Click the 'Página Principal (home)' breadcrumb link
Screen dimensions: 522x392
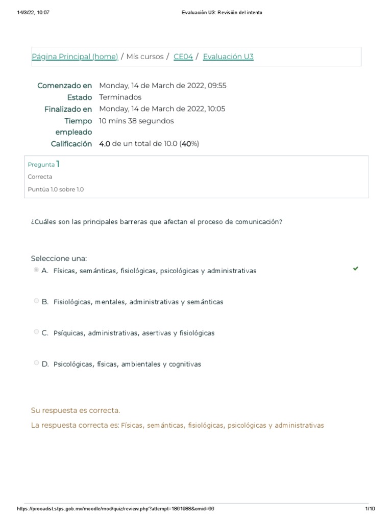tap(75, 57)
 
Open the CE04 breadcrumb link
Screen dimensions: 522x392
tap(183, 57)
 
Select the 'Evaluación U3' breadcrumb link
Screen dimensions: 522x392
tap(228, 57)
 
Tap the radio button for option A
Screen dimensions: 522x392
tap(36, 270)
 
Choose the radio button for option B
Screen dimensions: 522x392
tap(36, 301)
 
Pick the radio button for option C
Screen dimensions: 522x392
tap(36, 332)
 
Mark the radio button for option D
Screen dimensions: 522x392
tap(36, 363)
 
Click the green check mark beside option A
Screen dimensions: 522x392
tap(356, 268)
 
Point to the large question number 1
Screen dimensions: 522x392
tap(58, 164)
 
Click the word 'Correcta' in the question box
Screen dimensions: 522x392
tap(40, 177)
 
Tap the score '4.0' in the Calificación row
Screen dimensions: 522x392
tap(104, 144)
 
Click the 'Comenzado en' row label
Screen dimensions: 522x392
tap(64, 86)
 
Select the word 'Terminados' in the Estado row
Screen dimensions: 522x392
tap(120, 97)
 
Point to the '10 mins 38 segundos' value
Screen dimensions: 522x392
tap(136, 121)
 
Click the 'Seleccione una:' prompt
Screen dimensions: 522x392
tap(59, 258)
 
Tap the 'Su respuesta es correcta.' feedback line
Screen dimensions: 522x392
tap(76, 410)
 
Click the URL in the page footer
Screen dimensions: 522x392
tap(115, 509)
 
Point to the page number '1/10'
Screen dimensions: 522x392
tap(370, 509)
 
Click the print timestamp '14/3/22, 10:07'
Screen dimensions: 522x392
tap(33, 13)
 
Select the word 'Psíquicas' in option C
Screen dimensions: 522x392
tap(68, 333)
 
